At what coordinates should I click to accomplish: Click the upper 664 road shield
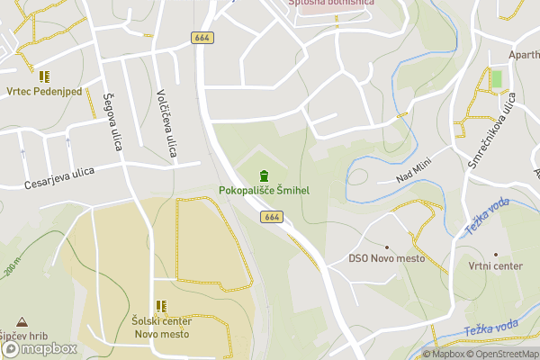click(202, 37)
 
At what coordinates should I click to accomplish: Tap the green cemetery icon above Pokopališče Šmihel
click(264, 175)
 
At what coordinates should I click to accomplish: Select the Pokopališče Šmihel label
click(264, 191)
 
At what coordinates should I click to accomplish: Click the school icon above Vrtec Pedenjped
click(44, 76)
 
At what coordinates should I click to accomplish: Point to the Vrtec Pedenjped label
click(44, 92)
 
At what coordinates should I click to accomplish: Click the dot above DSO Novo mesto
click(387, 247)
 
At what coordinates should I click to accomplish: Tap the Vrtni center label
click(495, 266)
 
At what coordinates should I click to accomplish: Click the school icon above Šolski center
click(162, 306)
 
